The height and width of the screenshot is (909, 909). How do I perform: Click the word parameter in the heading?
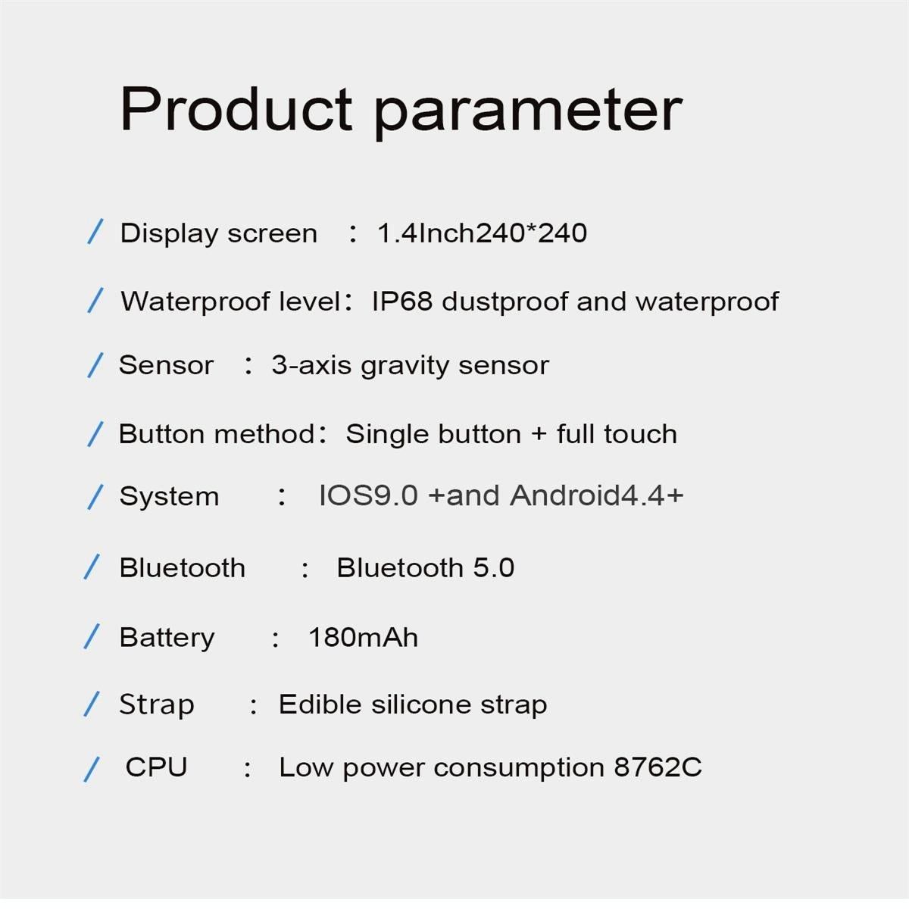pos(528,111)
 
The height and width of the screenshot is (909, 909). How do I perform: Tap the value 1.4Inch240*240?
pos(482,233)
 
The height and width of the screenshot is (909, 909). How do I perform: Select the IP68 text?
pos(401,301)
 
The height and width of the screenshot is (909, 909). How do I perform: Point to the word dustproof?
pos(504,301)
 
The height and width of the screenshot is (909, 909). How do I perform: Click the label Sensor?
pos(166,365)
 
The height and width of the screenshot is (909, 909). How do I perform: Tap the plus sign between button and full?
pos(539,434)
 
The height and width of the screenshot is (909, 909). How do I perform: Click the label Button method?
pos(217,434)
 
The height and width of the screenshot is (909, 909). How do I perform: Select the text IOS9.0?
pos(368,495)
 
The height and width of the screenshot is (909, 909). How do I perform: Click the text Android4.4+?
pos(597,495)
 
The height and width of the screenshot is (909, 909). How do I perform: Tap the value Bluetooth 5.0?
pos(425,567)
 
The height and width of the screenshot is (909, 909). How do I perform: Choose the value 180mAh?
pos(363,637)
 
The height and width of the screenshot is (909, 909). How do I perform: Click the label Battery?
pos(167,637)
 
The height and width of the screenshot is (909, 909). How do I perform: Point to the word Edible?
pos(320,704)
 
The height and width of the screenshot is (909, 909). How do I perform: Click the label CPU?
pos(156,767)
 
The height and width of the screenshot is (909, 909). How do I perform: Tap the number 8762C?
pos(658,767)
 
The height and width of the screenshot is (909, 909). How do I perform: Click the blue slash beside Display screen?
pos(95,232)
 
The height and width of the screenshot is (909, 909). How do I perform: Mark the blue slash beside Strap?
pos(91,704)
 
